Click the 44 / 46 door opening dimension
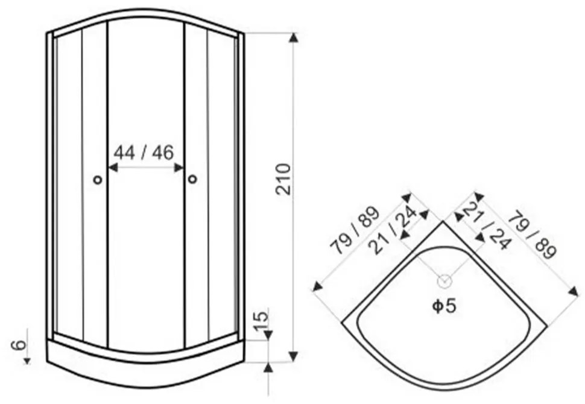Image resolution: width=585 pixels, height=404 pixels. pos(144,153)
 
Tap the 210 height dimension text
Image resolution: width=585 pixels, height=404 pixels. pos(283,179)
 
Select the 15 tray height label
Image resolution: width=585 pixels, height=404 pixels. pos(261,320)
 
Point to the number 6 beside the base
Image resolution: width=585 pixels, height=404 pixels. pos(19,345)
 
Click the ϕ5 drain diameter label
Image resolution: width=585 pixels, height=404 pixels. pos(444,306)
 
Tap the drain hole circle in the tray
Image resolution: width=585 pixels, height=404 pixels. pos(444,281)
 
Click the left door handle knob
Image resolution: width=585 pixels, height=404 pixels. pos(97,180)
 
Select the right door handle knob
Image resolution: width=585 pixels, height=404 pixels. pos(192,180)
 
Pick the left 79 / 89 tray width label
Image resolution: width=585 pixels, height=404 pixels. pos(355,230)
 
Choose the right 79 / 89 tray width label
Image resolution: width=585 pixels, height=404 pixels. pos(533,235)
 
